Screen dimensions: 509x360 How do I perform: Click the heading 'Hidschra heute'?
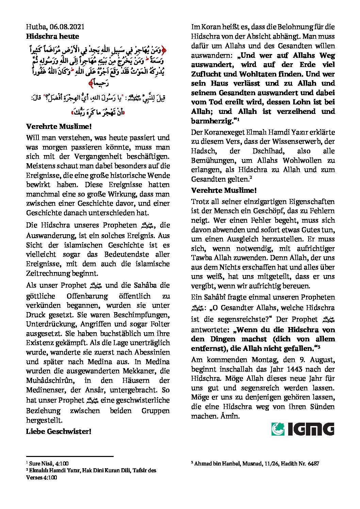pyautogui.click(x=52, y=36)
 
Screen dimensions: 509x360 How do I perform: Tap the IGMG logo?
pyautogui.click(x=302, y=429)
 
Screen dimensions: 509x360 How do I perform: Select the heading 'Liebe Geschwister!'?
pyautogui.click(x=59, y=431)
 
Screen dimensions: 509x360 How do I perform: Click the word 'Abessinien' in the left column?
pyautogui.click(x=152, y=352)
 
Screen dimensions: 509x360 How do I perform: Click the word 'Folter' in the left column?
pyautogui.click(x=160, y=324)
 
